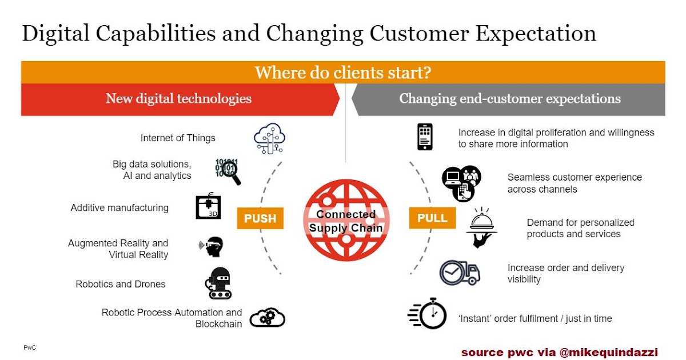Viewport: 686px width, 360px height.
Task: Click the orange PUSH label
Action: (260, 218)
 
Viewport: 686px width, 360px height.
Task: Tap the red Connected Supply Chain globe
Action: (346, 220)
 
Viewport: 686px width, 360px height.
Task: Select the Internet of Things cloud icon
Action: (269, 139)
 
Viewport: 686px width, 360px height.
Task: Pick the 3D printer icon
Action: (208, 206)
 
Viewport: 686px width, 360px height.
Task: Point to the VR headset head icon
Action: (212, 246)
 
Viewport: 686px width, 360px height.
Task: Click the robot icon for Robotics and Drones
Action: (218, 283)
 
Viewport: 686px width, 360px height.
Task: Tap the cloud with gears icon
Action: (267, 317)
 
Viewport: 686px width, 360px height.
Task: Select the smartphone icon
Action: (425, 137)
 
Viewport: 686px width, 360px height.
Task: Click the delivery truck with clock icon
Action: (460, 273)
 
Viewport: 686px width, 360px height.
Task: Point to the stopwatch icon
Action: (428, 313)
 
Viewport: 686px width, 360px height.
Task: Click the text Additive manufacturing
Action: (119, 208)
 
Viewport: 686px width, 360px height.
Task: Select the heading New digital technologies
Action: (178, 99)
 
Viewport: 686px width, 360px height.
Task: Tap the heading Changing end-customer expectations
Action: (509, 99)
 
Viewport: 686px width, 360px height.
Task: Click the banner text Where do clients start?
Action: (342, 73)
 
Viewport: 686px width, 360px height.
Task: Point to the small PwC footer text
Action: (30, 347)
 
